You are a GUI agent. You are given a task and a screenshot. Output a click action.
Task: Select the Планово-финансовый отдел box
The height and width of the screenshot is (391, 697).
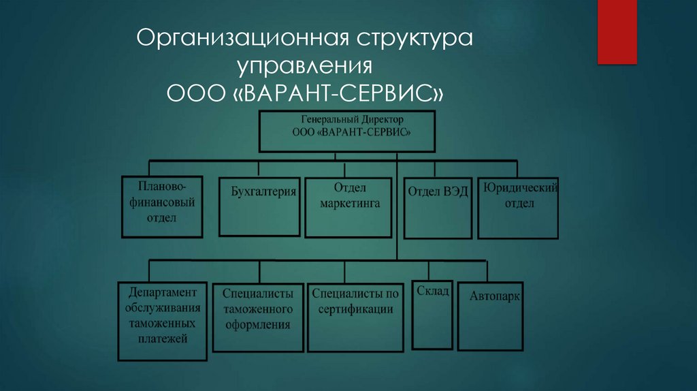coord(162,206)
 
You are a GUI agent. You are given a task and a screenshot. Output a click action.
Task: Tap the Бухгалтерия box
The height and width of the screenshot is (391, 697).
coord(259,206)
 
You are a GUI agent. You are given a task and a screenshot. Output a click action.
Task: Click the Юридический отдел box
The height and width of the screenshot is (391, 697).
coord(518,208)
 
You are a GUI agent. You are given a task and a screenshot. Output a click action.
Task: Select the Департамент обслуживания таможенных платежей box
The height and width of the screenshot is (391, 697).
coord(162,320)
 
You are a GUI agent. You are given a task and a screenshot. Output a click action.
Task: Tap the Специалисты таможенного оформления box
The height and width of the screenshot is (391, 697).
coord(257,317)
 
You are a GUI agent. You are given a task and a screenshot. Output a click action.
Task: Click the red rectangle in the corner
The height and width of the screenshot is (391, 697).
coord(617,31)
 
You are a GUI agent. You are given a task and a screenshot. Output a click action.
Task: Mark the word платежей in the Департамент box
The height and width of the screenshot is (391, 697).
coord(162,339)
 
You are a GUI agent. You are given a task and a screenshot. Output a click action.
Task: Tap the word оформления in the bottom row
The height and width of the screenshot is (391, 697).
coord(257,325)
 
